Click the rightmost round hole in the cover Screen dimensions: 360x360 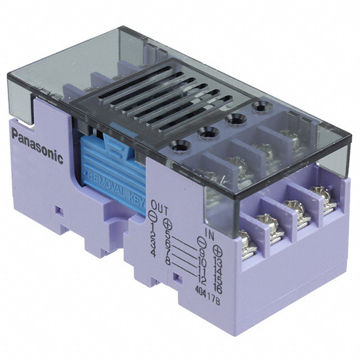259,106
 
